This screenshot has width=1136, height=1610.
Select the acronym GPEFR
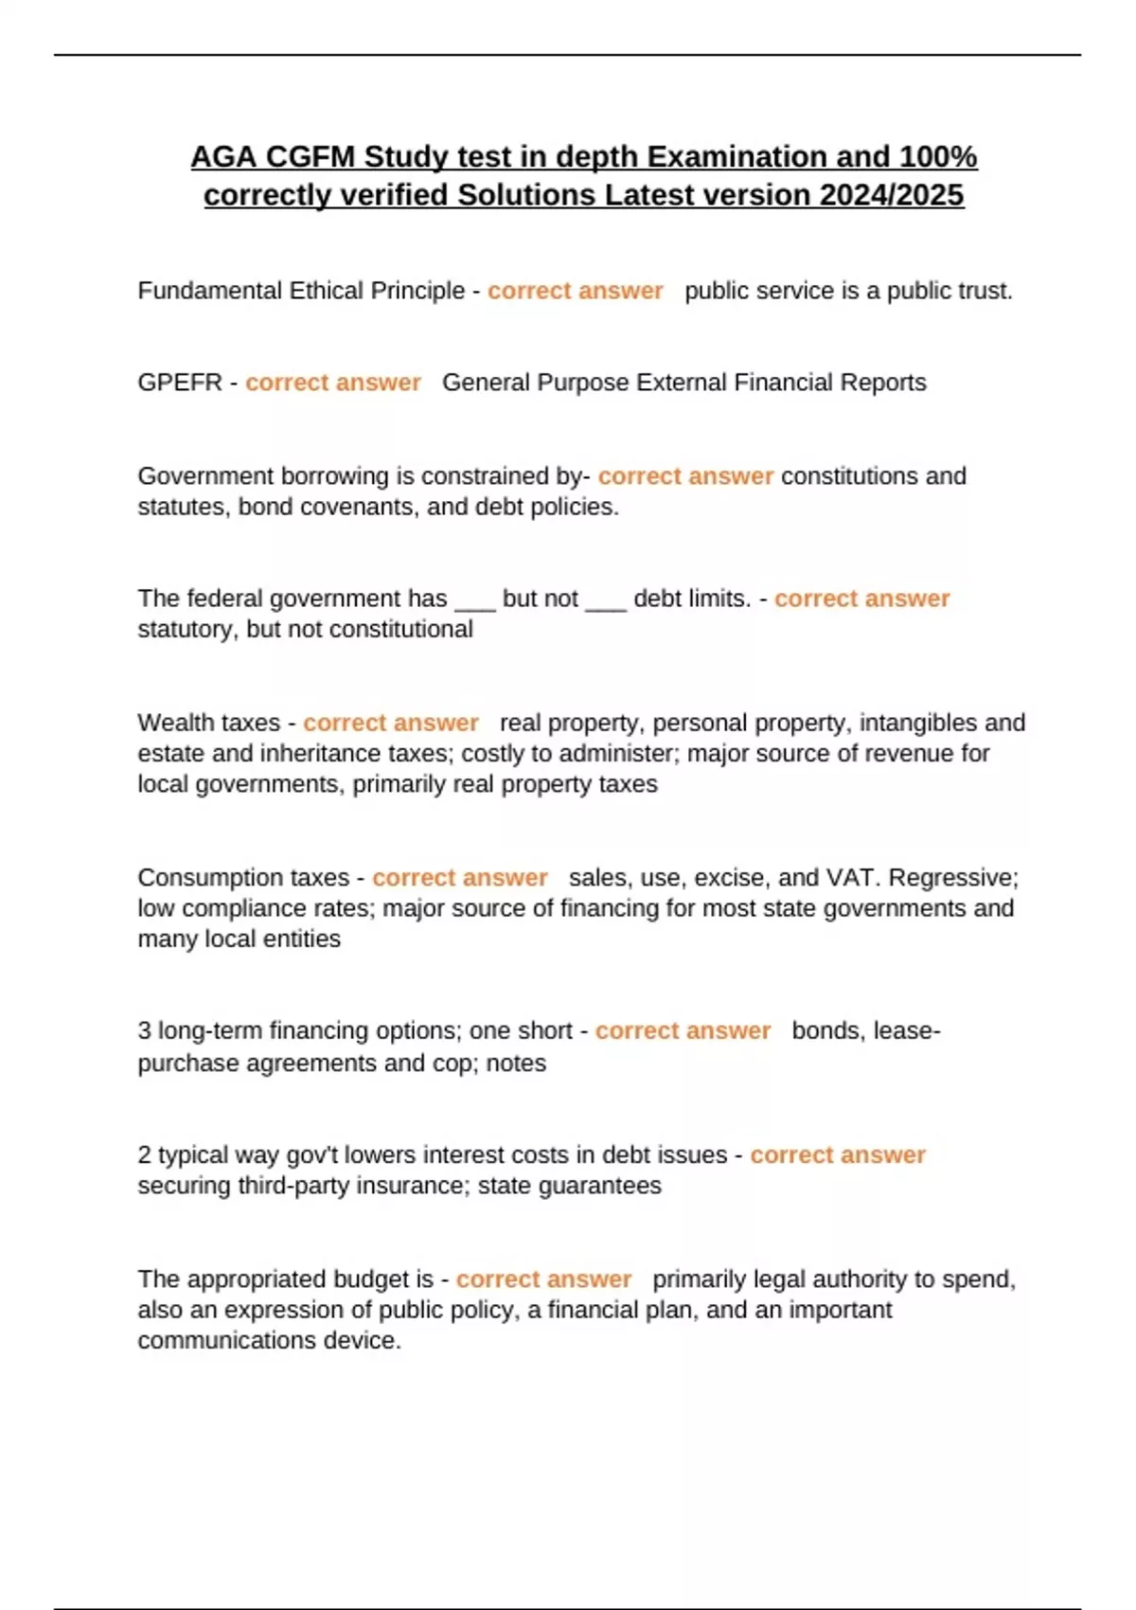180,383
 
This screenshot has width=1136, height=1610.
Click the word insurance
412,1186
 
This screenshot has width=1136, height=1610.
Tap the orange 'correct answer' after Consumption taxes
460,878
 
